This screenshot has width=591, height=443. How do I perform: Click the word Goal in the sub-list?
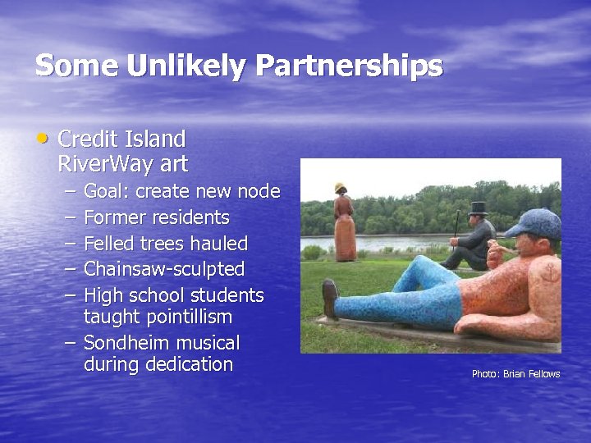pyautogui.click(x=106, y=192)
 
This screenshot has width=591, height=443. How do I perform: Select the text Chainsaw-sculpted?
pyautogui.click(x=164, y=269)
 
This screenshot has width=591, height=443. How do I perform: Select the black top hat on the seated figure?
pyautogui.click(x=477, y=209)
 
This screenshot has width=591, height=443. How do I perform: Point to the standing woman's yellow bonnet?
pyautogui.click(x=340, y=188)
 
